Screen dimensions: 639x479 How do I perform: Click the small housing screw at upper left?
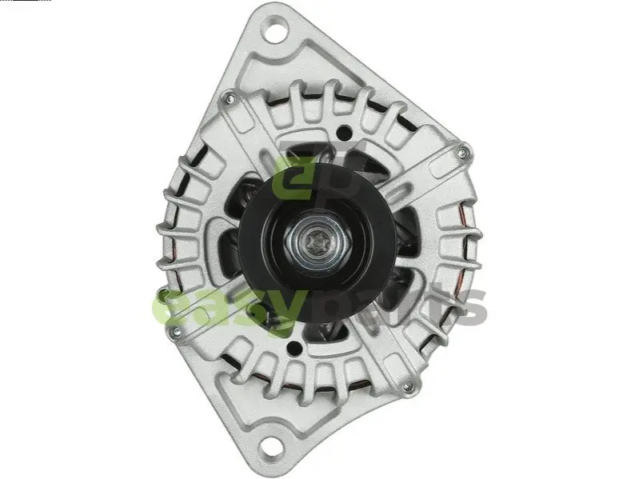point(230,98)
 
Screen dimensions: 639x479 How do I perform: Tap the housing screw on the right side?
point(461,154)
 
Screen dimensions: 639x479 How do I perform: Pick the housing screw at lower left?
point(177,331)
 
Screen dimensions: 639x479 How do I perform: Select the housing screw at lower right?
point(407,387)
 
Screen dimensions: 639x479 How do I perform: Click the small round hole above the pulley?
point(345,133)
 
